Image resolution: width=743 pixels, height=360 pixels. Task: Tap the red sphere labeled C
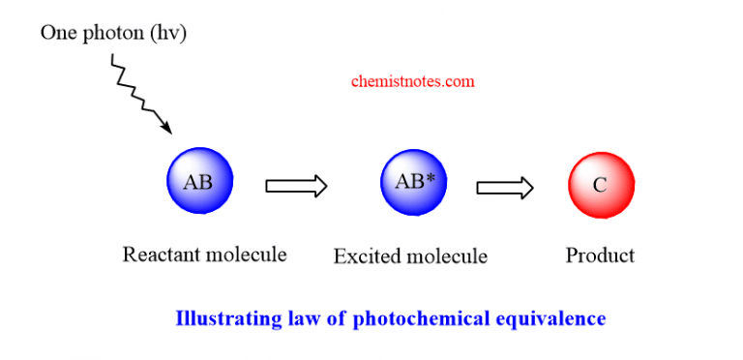point(601,184)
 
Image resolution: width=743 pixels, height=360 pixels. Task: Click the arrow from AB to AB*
point(297,185)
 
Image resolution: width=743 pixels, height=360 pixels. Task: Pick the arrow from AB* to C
point(504,186)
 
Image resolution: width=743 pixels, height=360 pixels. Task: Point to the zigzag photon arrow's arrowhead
point(166,127)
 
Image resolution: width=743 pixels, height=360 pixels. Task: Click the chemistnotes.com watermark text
point(412,82)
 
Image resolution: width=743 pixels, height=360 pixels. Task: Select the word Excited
point(366,256)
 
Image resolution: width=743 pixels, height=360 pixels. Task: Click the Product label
point(600,255)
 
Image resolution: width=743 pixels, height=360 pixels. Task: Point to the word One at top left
point(55,32)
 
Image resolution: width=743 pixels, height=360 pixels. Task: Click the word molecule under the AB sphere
point(246,255)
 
